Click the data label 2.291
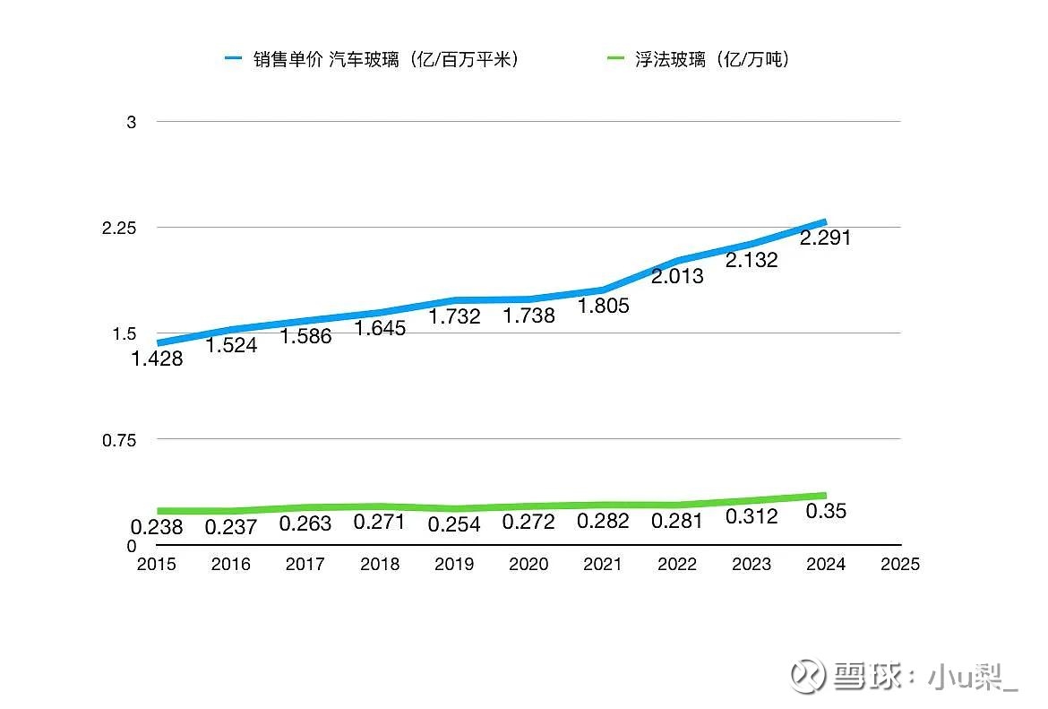[825, 238]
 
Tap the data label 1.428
[157, 359]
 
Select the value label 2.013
[677, 277]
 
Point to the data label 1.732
[454, 316]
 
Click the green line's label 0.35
[826, 511]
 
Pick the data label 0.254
[454, 524]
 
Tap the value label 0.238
[157, 527]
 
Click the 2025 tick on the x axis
[900, 565]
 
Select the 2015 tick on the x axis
[157, 565]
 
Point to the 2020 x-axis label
[528, 565]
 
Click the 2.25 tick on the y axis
[119, 228]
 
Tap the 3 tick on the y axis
[132, 122]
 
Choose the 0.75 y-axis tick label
[119, 440]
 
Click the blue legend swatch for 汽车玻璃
[234, 60]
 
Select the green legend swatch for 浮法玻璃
[615, 60]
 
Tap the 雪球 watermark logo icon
[807, 674]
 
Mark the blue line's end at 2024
[824, 221]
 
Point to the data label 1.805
[603, 306]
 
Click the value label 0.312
[752, 516]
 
